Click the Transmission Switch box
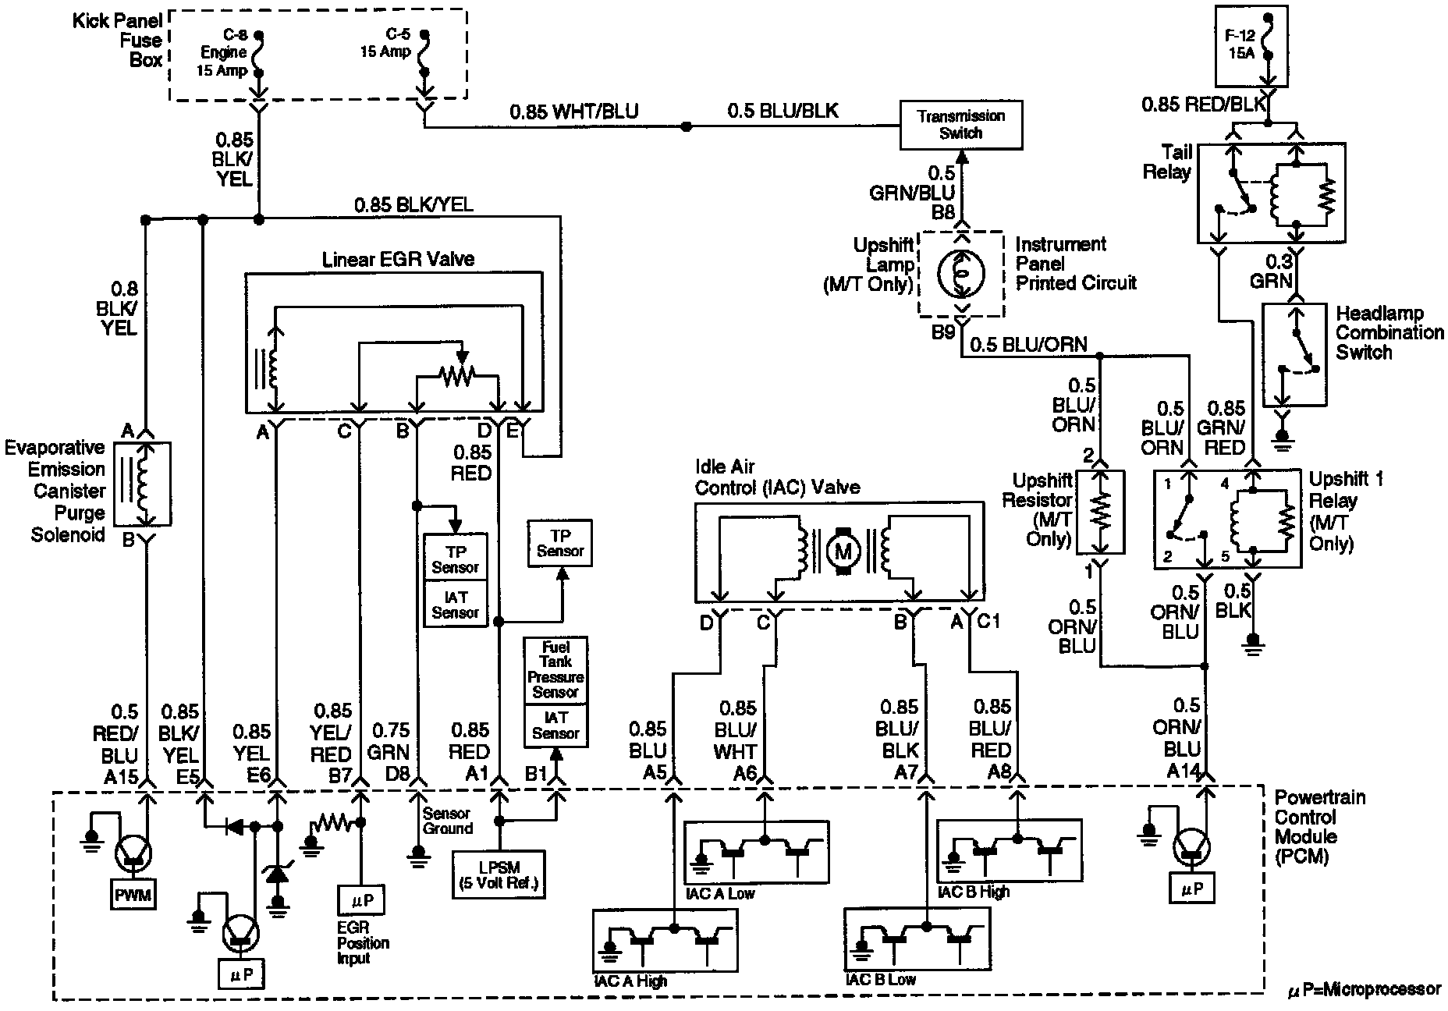[960, 125]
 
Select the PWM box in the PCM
[133, 895]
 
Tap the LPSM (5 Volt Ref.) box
[499, 874]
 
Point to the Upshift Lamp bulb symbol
[960, 273]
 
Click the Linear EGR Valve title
[399, 259]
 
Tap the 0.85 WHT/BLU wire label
[574, 112]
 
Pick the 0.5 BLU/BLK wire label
[783, 112]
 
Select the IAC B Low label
[881, 980]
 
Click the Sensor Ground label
[447, 821]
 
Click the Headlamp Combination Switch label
[1389, 333]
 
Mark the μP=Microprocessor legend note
[1363, 990]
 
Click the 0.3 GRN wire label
[1271, 270]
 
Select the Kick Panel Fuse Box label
[118, 40]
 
